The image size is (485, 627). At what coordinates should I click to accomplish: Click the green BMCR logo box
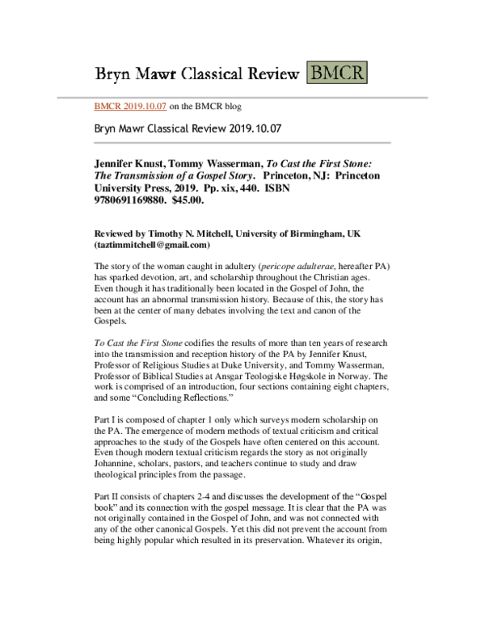click(336, 74)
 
